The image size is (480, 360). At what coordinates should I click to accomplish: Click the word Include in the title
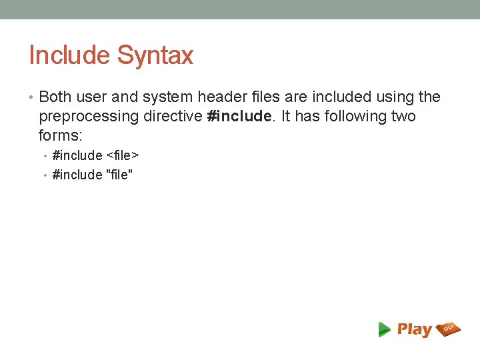70,55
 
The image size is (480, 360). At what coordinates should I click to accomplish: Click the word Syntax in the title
155,55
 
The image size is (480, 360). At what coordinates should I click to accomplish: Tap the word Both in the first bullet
55,97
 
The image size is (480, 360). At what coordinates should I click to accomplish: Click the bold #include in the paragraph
239,117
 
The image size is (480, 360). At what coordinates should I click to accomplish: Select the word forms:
61,135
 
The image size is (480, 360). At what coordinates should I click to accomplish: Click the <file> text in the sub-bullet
123,156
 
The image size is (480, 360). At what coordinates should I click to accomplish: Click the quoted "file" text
120,175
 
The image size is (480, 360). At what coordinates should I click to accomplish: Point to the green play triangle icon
385,329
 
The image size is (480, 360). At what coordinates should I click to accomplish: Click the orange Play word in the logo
415,329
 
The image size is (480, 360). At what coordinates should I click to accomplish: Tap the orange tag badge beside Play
448,328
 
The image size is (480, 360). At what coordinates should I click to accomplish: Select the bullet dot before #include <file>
45,157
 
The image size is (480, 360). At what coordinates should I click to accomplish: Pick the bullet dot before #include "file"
45,176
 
